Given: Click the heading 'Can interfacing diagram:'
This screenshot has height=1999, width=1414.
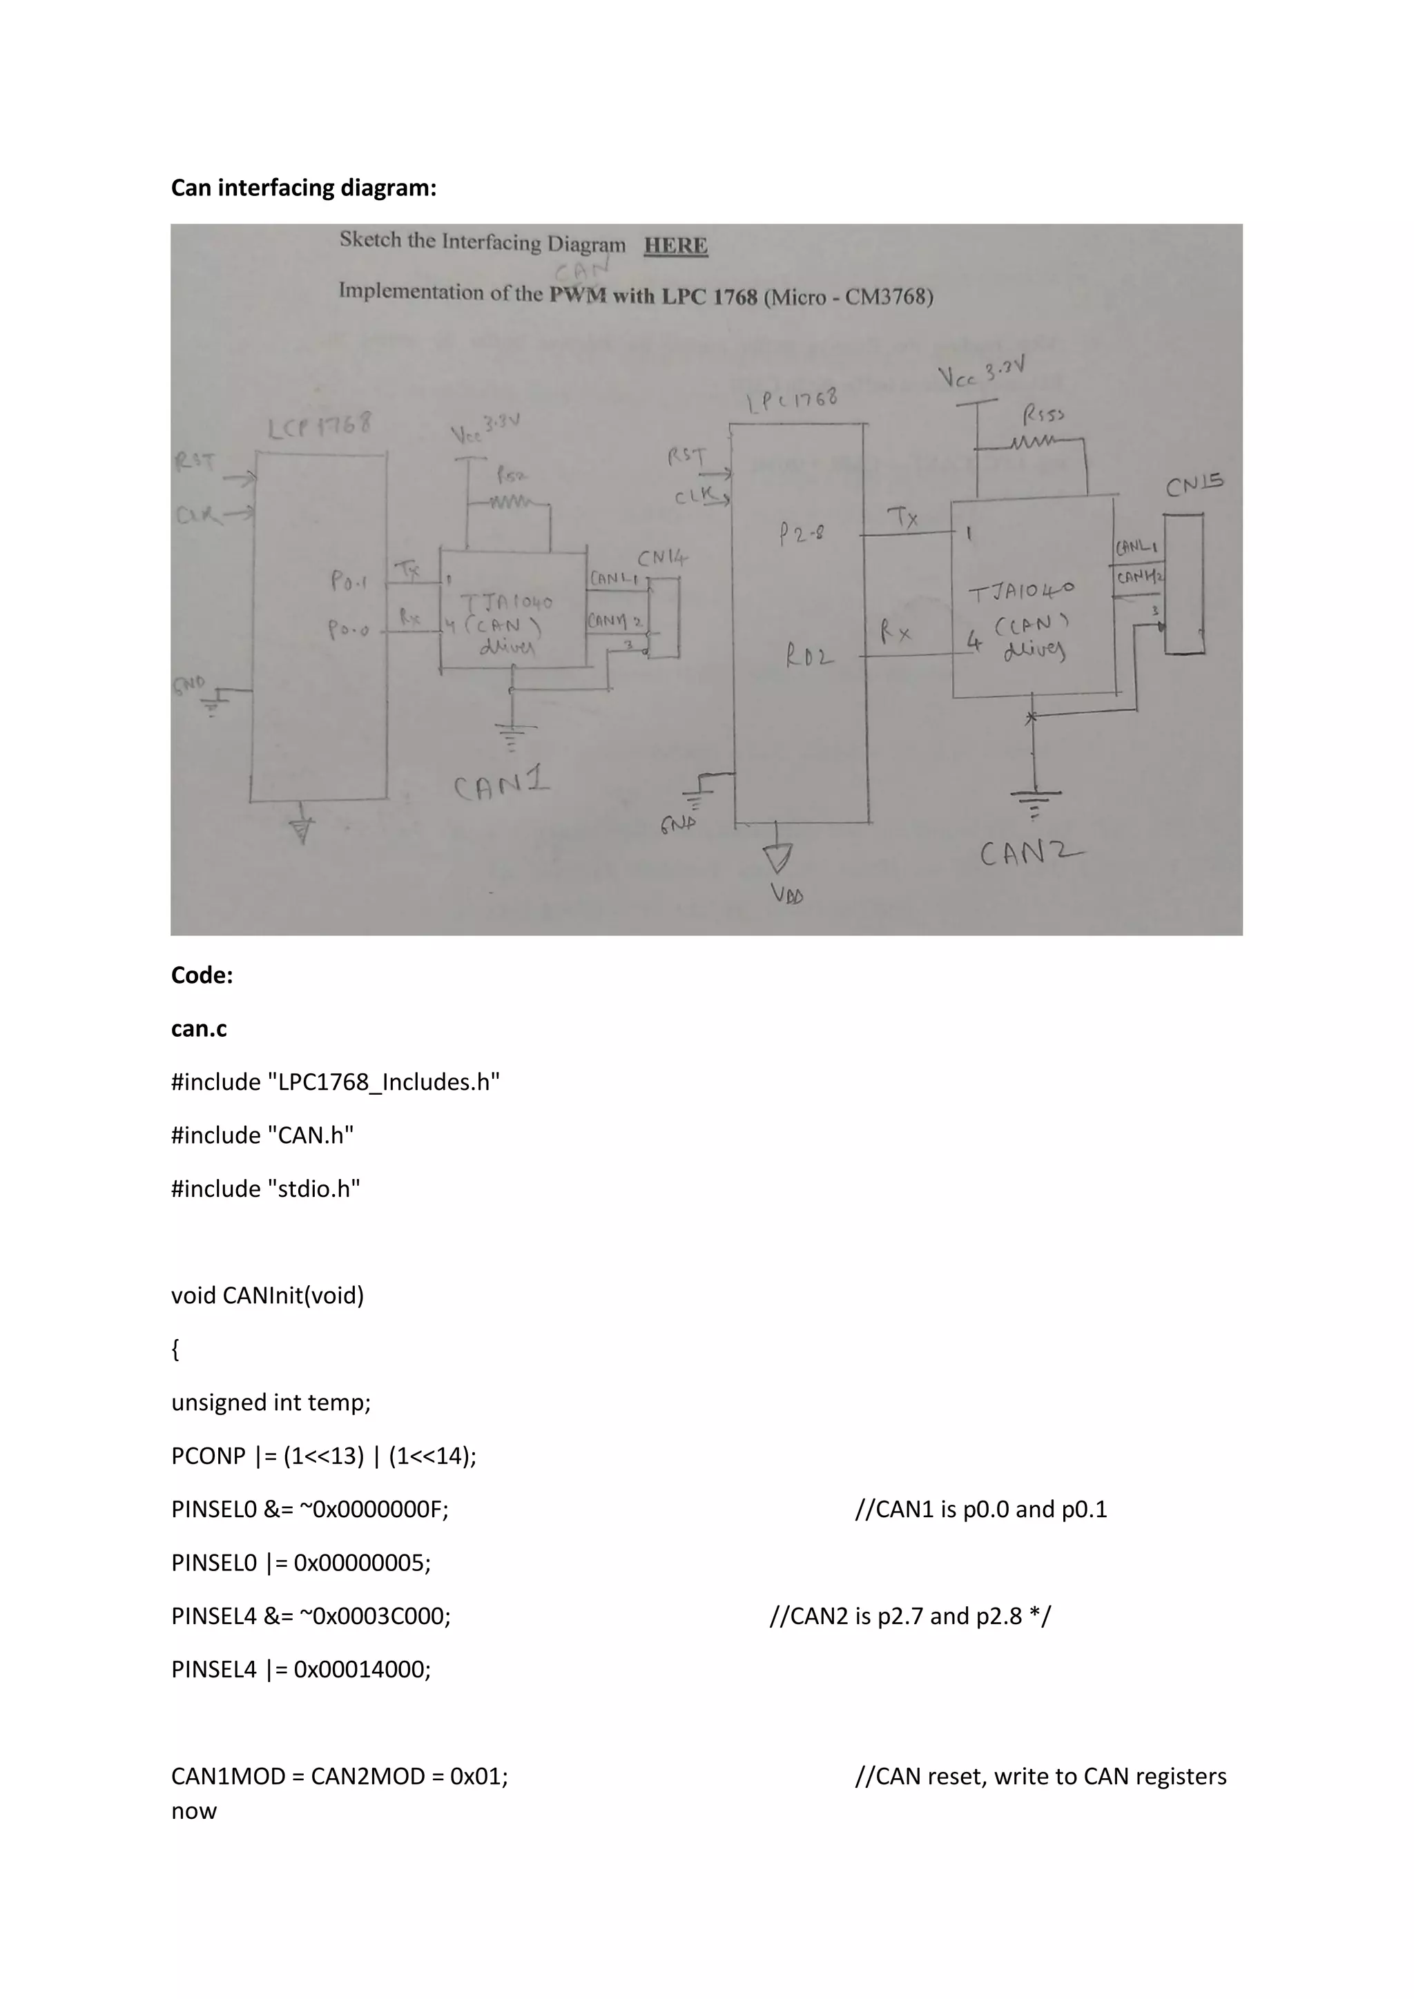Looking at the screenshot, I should [x=303, y=188].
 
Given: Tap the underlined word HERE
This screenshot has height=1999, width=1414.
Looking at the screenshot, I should [x=676, y=246].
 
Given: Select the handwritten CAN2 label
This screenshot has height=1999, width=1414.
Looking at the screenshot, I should [x=1031, y=852].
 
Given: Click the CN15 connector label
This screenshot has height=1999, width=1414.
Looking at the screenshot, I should [x=1194, y=484].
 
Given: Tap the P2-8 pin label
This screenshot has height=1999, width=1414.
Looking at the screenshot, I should [x=802, y=534].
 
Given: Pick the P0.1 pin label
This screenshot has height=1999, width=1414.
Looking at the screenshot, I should [x=348, y=581].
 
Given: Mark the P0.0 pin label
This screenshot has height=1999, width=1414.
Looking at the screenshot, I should [x=348, y=629].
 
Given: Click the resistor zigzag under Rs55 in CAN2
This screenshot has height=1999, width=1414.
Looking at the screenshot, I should [x=1034, y=444].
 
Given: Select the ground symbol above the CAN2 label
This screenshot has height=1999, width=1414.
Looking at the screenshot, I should [x=1034, y=801].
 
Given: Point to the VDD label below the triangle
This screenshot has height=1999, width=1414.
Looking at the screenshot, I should [x=786, y=894].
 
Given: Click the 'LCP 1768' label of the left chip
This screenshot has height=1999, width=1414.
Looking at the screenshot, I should [x=319, y=427].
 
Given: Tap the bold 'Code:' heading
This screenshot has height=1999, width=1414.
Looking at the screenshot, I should [x=202, y=975].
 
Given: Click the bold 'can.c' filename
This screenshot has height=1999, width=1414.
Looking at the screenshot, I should [x=199, y=1029].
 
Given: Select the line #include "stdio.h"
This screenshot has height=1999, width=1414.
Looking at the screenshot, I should [x=266, y=1189].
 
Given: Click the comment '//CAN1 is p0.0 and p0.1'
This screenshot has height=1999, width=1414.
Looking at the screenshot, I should [x=980, y=1509].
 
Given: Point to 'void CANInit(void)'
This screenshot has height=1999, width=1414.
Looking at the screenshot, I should [x=267, y=1296].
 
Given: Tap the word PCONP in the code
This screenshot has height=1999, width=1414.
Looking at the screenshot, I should [x=208, y=1456].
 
